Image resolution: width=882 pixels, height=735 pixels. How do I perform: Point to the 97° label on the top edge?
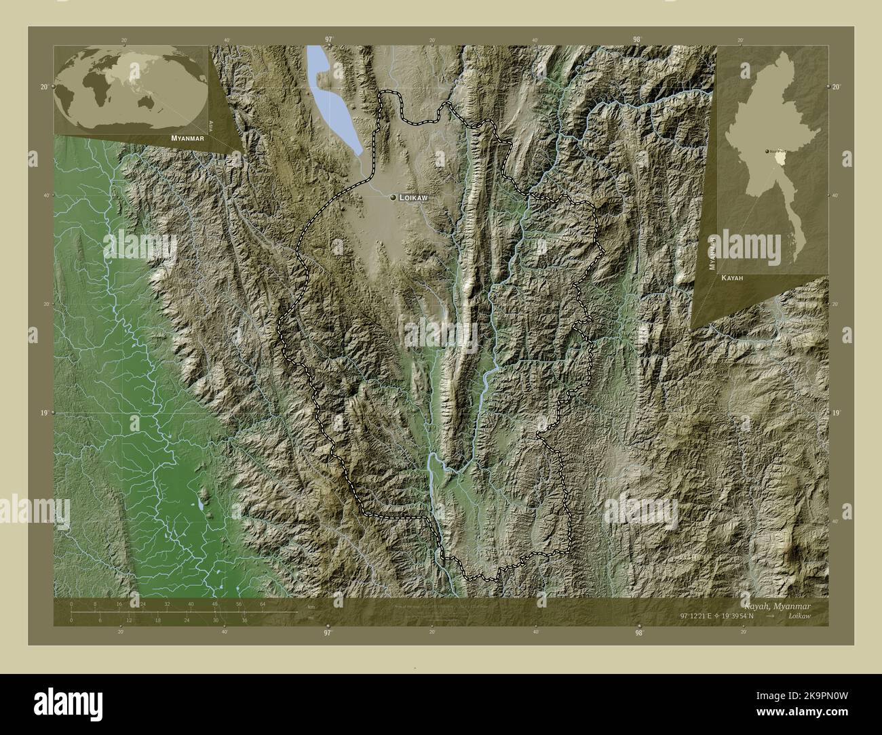coord(329,39)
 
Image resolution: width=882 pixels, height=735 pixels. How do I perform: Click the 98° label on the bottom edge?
coord(638,633)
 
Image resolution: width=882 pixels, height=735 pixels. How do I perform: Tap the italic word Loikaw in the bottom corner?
coord(803,616)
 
